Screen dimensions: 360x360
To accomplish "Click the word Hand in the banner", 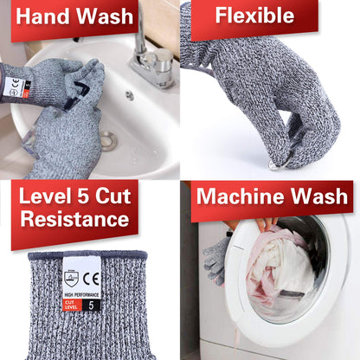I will pos(41,16).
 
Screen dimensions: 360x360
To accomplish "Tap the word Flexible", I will pos(253,16).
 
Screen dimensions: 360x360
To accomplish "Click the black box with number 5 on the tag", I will pos(93,304).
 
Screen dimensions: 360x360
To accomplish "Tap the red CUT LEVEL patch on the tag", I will pos(73,304).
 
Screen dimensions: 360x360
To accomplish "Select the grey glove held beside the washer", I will pos(215,256).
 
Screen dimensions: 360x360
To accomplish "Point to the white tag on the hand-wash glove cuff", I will pos(15,87).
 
